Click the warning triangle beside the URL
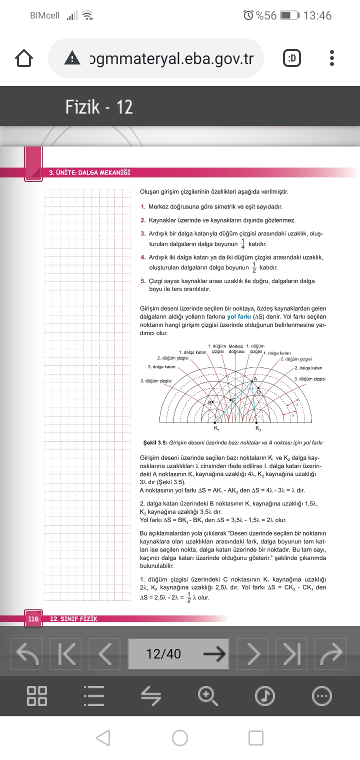point(72,59)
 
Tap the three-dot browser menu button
point(332,58)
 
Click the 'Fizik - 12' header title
point(99,107)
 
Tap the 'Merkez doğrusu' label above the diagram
point(235,348)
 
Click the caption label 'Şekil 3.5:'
point(155,442)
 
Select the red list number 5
point(143,281)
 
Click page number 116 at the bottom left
point(33,619)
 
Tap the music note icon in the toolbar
point(265,695)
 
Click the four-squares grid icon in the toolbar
point(37,695)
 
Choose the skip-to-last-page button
point(295,653)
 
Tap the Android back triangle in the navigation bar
point(103,738)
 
